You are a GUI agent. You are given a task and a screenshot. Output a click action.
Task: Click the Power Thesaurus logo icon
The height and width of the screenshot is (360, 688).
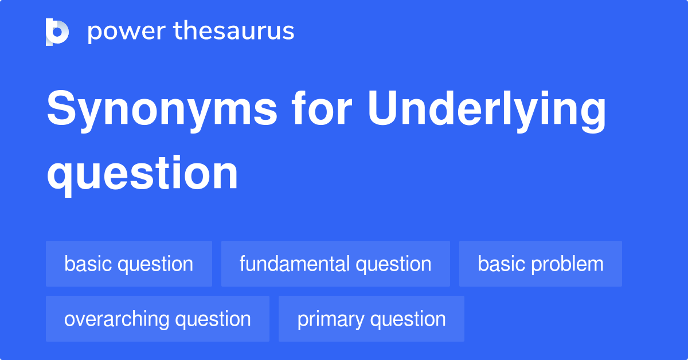point(57,32)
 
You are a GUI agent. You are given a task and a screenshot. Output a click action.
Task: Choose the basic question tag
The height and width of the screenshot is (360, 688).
point(129,264)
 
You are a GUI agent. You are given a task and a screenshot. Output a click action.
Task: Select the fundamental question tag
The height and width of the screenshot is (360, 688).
point(335,264)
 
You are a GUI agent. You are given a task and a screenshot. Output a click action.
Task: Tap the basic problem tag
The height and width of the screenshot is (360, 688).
point(541,264)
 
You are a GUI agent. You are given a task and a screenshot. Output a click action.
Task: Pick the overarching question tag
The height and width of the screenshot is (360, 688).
point(158,319)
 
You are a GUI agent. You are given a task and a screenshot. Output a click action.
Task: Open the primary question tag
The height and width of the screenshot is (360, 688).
point(372,319)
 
